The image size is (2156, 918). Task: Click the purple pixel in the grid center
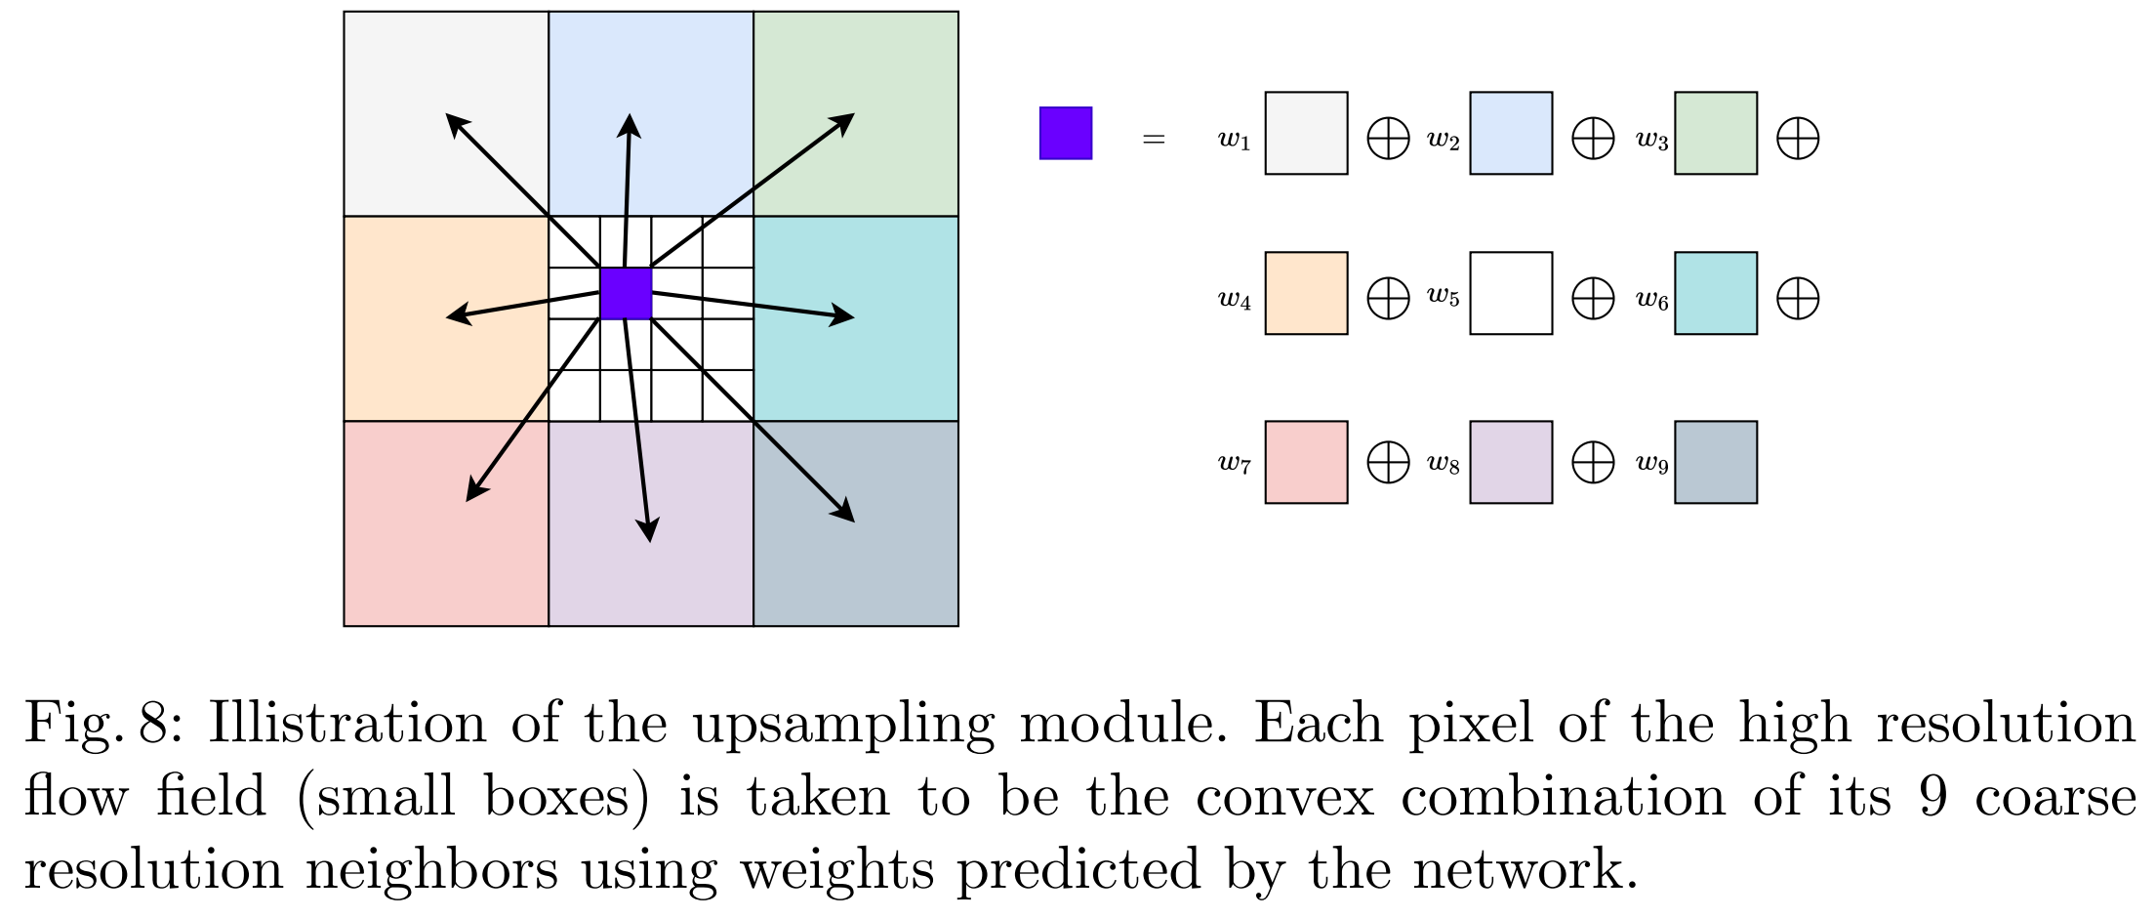[x=626, y=293]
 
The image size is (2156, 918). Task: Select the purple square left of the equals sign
[x=1066, y=133]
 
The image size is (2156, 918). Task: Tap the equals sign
[x=1154, y=140]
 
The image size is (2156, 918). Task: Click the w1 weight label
[x=1235, y=141]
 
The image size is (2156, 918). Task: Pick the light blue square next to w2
[x=1511, y=133]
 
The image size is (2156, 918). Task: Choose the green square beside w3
[x=1716, y=133]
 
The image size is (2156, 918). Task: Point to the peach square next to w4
[x=1306, y=293]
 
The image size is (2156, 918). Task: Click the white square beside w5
[x=1511, y=293]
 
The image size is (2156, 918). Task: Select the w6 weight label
[x=1652, y=300]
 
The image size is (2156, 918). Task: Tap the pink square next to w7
[x=1306, y=462]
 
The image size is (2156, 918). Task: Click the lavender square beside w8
[x=1511, y=462]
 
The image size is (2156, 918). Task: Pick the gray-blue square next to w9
[x=1716, y=462]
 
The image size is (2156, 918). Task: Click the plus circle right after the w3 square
[x=1798, y=138]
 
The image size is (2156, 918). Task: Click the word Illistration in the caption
[x=346, y=724]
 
